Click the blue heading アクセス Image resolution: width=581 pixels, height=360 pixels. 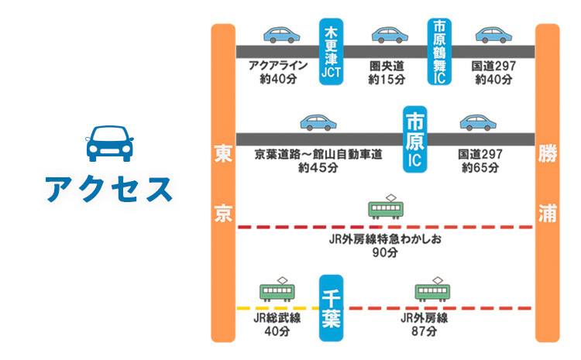[108, 190]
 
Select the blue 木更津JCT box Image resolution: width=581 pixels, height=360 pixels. [332, 53]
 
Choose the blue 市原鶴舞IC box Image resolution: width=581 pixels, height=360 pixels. [439, 53]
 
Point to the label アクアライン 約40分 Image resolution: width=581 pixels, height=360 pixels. [278, 73]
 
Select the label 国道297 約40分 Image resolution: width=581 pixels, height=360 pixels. [493, 73]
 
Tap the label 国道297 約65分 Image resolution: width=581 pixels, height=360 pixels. [480, 161]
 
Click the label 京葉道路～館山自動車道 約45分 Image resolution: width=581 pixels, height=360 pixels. [318, 161]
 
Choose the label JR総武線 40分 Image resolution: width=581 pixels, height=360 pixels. [277, 324]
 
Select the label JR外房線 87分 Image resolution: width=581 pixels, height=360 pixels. [425, 324]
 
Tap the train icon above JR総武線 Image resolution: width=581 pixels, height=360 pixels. [277, 290]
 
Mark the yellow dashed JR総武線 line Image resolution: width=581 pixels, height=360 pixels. [256, 308]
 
